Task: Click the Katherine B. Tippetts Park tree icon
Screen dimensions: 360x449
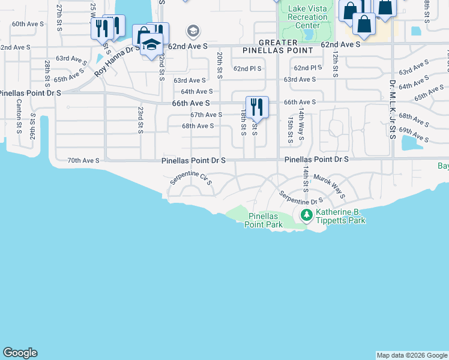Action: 306,214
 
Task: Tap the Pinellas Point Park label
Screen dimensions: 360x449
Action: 263,220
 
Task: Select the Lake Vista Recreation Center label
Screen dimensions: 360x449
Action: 304,17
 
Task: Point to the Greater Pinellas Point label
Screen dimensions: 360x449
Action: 278,47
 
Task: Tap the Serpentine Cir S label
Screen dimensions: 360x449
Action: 191,178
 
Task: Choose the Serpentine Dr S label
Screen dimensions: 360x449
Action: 301,197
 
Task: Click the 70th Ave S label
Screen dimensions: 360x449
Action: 83,160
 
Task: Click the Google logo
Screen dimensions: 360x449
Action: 20,353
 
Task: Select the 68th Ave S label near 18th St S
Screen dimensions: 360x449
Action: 198,126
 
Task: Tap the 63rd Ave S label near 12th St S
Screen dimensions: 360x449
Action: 300,79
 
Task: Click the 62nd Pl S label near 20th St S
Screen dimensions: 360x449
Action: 247,68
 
